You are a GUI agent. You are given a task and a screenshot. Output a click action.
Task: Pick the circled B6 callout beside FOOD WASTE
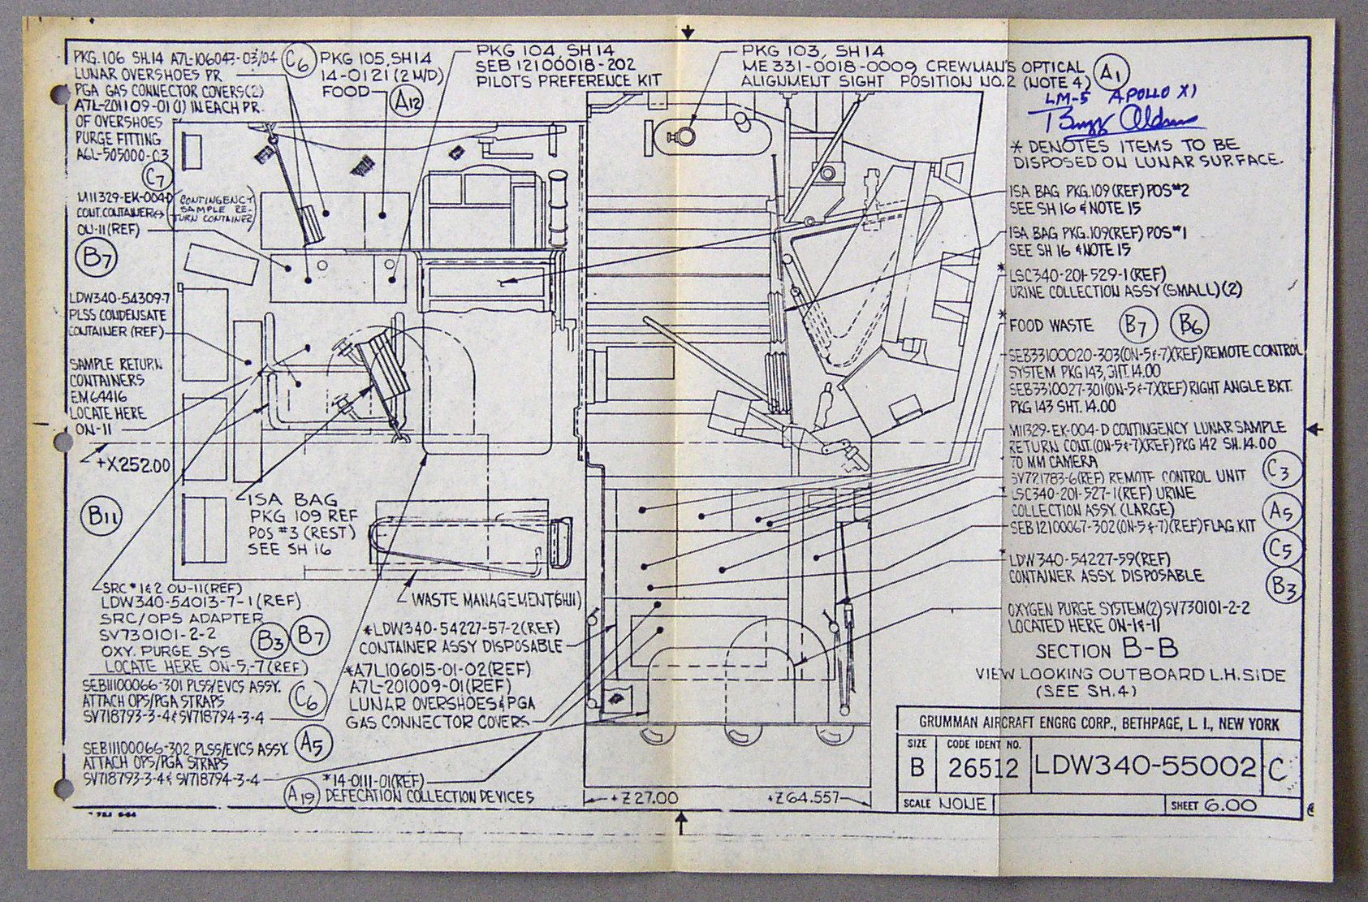pyautogui.click(x=1189, y=325)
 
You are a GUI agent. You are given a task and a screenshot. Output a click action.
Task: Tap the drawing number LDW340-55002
pyautogui.click(x=1146, y=766)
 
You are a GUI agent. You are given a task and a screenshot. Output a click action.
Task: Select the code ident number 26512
pyautogui.click(x=982, y=768)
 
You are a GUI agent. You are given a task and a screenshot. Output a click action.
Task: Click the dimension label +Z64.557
pyautogui.click(x=801, y=798)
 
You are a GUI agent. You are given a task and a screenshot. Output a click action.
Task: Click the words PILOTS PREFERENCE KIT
pyautogui.click(x=568, y=80)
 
